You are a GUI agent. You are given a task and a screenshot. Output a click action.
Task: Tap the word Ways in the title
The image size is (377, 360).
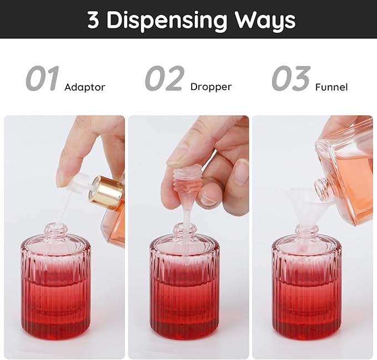[x=265, y=20]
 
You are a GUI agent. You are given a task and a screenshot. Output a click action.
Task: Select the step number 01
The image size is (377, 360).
[x=42, y=79]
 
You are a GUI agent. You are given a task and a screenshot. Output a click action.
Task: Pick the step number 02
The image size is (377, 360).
[x=164, y=79]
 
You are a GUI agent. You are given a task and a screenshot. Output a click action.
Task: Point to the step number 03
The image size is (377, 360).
[x=291, y=79]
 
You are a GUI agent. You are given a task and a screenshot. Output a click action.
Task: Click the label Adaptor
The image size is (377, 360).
[x=84, y=87]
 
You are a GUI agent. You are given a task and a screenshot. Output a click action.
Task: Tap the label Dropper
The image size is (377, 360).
[x=210, y=87]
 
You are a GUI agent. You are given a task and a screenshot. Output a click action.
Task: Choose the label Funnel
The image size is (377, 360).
[x=331, y=87]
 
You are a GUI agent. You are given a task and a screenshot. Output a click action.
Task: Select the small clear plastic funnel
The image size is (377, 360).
[x=304, y=206]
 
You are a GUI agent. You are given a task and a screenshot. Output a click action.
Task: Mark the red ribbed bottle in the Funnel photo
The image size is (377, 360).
[x=306, y=289]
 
